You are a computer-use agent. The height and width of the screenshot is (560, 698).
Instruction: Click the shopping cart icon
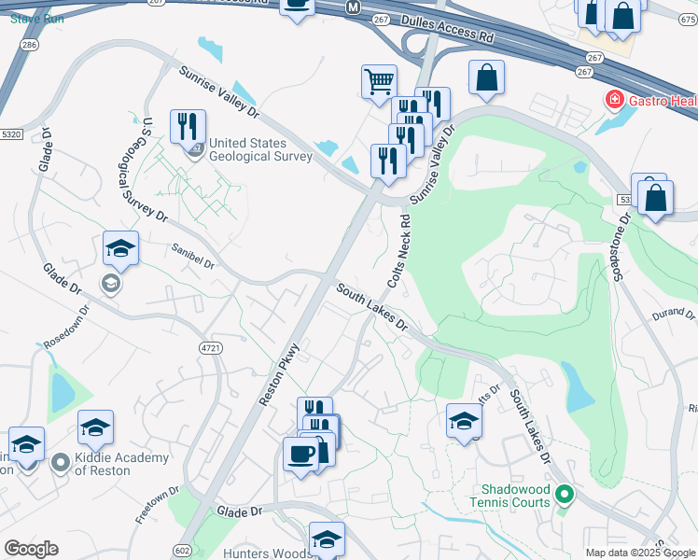tap(379, 81)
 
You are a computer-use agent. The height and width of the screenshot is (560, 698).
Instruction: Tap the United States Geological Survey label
tap(260, 149)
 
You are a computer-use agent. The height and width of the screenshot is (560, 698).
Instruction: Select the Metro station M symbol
tap(352, 7)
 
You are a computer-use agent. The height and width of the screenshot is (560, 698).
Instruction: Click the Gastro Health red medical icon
tap(614, 99)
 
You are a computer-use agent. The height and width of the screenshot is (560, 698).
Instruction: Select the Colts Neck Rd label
tap(398, 252)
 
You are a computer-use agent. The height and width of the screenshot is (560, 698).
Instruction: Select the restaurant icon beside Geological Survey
tap(188, 126)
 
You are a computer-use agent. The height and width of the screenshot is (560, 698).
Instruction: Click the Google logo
tap(31, 549)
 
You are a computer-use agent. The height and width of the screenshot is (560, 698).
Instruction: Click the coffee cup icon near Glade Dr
tap(300, 455)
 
